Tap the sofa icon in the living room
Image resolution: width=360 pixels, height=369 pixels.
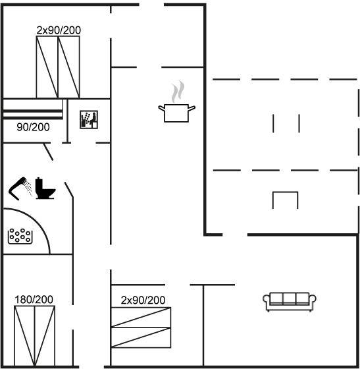pos(290,302)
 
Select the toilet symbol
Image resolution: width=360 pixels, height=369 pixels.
pos(45,188)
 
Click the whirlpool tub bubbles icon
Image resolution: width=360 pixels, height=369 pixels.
pos(20,236)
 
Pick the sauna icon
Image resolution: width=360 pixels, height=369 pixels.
pos(89,119)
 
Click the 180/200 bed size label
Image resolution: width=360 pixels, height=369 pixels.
pos(34,300)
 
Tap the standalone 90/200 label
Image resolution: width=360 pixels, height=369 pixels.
pos(33,127)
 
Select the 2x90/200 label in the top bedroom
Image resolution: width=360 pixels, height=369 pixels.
pos(59,30)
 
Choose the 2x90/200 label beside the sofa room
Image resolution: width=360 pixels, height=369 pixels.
pos(143,300)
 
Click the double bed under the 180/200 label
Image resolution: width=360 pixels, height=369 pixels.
pos(34,336)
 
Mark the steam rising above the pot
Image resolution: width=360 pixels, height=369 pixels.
pos(178,92)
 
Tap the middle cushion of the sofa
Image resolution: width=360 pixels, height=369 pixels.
pos(290,298)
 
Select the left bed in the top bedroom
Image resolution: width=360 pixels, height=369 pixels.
pos(47,67)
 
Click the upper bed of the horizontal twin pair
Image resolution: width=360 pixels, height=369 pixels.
pos(141,317)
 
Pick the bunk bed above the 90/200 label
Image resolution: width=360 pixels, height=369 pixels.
pos(33,109)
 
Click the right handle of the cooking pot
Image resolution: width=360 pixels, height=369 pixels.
pos(192,109)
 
